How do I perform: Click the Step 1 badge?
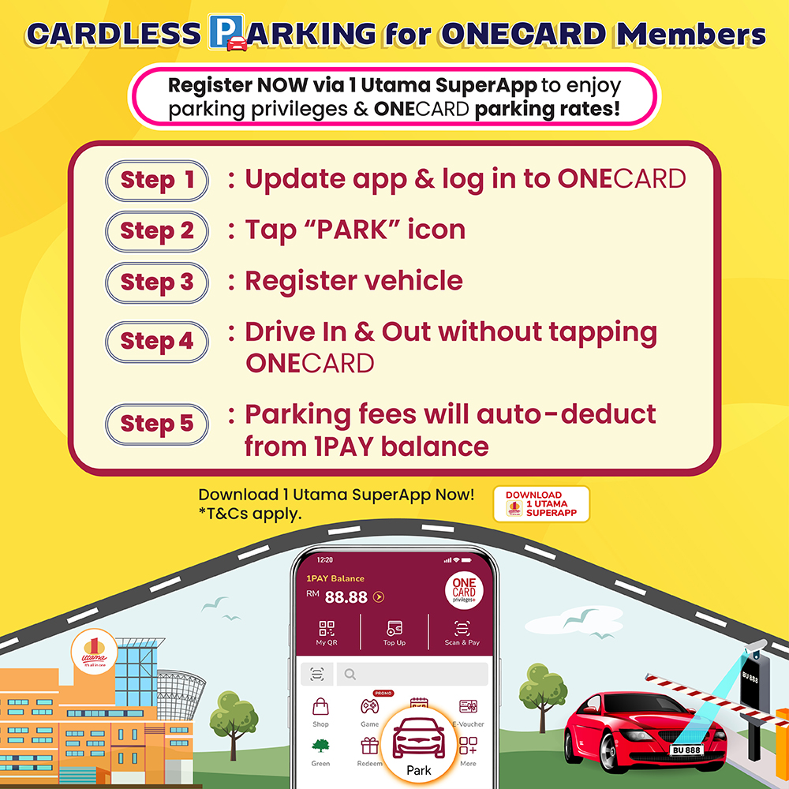click(156, 181)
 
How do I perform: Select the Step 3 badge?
click(156, 282)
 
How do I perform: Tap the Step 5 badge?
click(156, 424)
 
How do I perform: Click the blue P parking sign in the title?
click(226, 32)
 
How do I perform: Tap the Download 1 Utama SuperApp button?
click(541, 503)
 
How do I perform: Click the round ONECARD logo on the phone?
click(463, 590)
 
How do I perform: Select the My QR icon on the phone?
click(327, 629)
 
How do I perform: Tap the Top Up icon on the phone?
click(394, 629)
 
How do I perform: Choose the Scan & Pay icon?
click(462, 629)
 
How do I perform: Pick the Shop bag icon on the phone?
click(320, 706)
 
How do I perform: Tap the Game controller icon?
click(370, 707)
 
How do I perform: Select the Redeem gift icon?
click(370, 746)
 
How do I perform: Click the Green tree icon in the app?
click(320, 746)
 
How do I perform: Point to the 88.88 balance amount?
click(346, 597)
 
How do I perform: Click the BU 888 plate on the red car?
click(686, 750)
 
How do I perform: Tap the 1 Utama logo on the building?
click(94, 652)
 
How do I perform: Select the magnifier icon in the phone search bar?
click(350, 675)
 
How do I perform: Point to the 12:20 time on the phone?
click(324, 559)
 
